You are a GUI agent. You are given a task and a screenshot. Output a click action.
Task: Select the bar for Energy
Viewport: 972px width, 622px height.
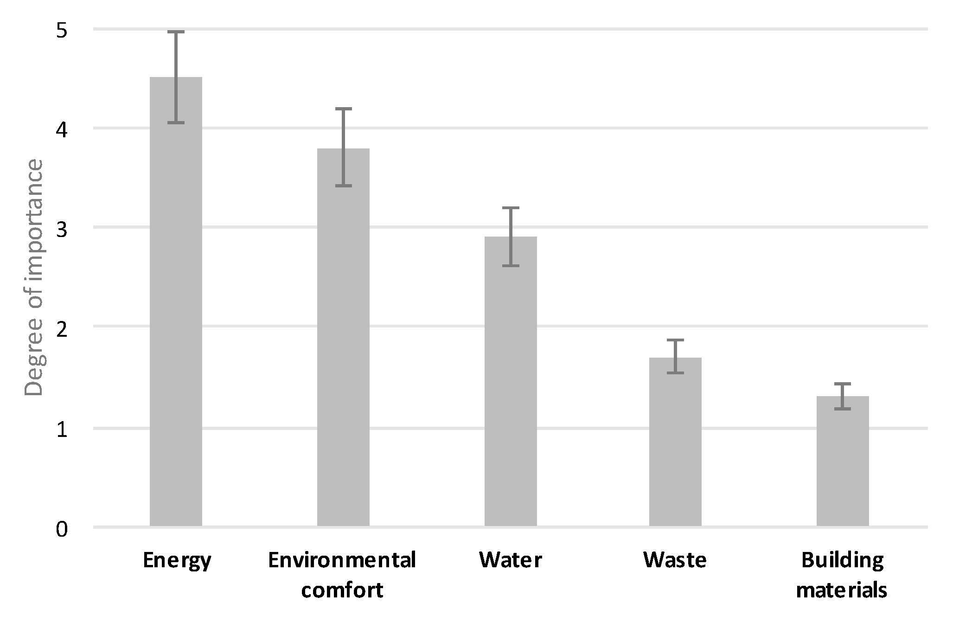176,301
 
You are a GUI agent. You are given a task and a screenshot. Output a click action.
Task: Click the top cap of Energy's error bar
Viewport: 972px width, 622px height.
176,32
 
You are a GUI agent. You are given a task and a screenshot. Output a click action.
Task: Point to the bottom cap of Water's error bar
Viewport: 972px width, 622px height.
511,266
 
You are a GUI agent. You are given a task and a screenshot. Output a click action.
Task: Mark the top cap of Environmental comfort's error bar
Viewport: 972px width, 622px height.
343,109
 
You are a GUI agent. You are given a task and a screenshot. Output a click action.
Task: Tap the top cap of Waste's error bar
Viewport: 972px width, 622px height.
675,340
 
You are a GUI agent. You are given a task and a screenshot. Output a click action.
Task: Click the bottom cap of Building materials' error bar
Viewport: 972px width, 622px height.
843,409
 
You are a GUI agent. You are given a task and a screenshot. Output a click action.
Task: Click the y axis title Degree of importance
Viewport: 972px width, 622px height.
33,277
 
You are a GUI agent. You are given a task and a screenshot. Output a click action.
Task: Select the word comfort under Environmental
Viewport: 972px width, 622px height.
342,590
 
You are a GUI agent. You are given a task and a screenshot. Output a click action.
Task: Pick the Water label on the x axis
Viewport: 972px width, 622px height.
511,560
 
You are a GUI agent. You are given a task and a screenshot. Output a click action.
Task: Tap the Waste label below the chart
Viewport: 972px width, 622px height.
675,560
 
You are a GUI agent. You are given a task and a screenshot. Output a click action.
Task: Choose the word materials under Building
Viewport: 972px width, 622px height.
842,590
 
